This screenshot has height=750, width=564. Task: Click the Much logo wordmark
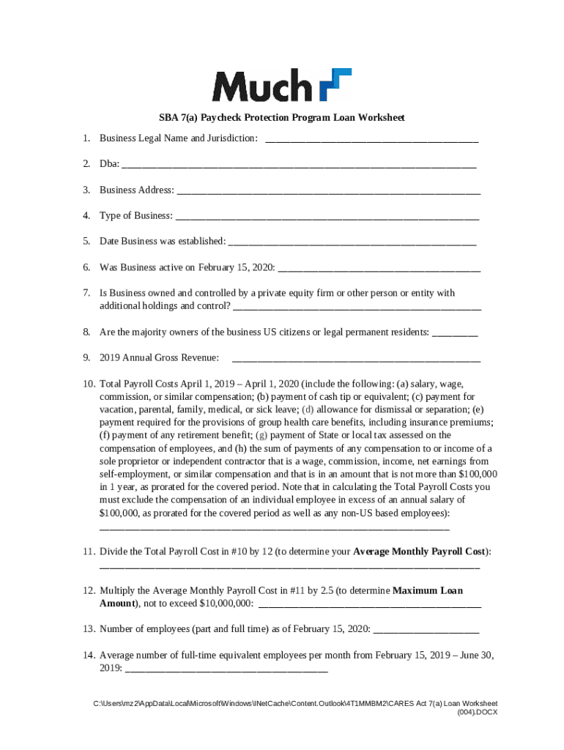(x=261, y=86)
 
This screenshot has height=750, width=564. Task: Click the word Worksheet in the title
(x=379, y=117)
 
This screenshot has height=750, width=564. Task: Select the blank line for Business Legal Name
(x=371, y=139)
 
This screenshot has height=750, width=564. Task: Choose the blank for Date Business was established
(x=352, y=242)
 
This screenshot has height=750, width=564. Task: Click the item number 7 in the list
(x=86, y=293)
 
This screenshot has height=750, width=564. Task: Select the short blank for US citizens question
(x=455, y=333)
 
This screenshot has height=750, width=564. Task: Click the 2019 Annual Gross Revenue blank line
(x=356, y=358)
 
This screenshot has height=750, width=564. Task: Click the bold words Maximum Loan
(x=428, y=590)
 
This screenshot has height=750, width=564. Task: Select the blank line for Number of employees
(x=426, y=629)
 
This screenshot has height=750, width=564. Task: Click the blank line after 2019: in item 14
(x=226, y=669)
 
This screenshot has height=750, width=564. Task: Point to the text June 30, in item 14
(x=476, y=656)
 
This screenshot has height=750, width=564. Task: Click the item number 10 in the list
(x=89, y=384)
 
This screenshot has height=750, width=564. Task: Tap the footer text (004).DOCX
(x=477, y=712)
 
